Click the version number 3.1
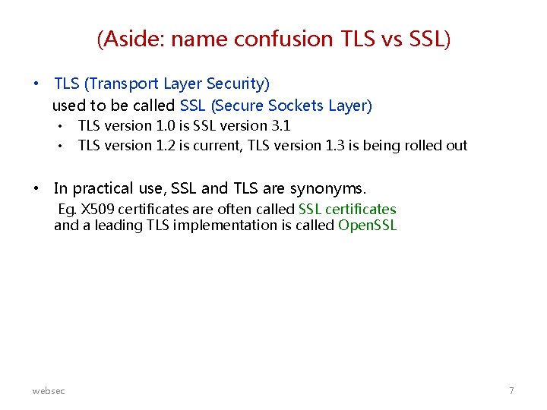pyautogui.click(x=280, y=126)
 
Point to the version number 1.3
pyautogui.click(x=332, y=146)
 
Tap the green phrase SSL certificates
pyautogui.click(x=347, y=210)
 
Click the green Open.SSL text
pyautogui.click(x=368, y=225)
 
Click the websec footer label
pyautogui.click(x=49, y=390)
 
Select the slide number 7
pyautogui.click(x=511, y=390)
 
